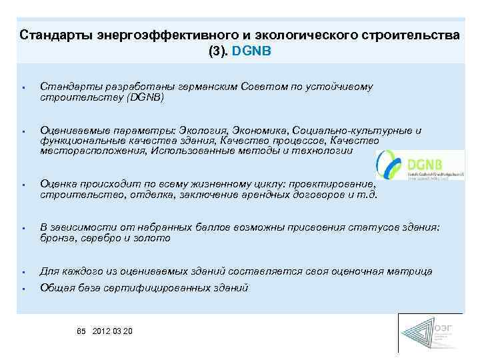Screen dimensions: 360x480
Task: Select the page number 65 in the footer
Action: [82, 331]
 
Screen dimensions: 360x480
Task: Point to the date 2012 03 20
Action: [113, 331]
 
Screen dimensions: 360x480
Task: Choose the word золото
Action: [153, 238]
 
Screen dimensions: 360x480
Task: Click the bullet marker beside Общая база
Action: [23, 289]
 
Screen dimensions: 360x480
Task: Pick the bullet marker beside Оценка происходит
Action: [23, 185]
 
